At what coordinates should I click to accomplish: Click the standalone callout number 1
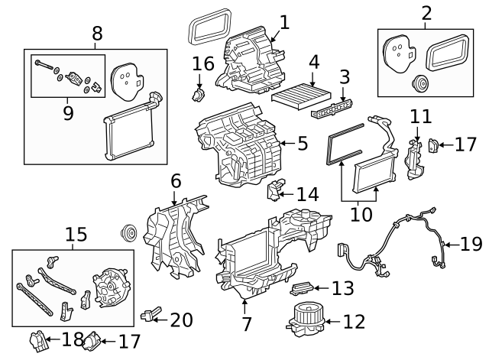284,23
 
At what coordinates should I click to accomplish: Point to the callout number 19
471,244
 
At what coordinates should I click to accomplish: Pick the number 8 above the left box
97,34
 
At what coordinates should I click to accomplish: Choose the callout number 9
68,113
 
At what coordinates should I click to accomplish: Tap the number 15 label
76,234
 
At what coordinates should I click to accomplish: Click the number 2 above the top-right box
426,13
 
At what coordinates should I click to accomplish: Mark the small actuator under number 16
199,95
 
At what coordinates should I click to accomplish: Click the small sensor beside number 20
150,313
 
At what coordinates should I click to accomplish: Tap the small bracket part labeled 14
276,189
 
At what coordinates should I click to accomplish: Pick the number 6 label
176,182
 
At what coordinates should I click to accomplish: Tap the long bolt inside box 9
47,66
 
